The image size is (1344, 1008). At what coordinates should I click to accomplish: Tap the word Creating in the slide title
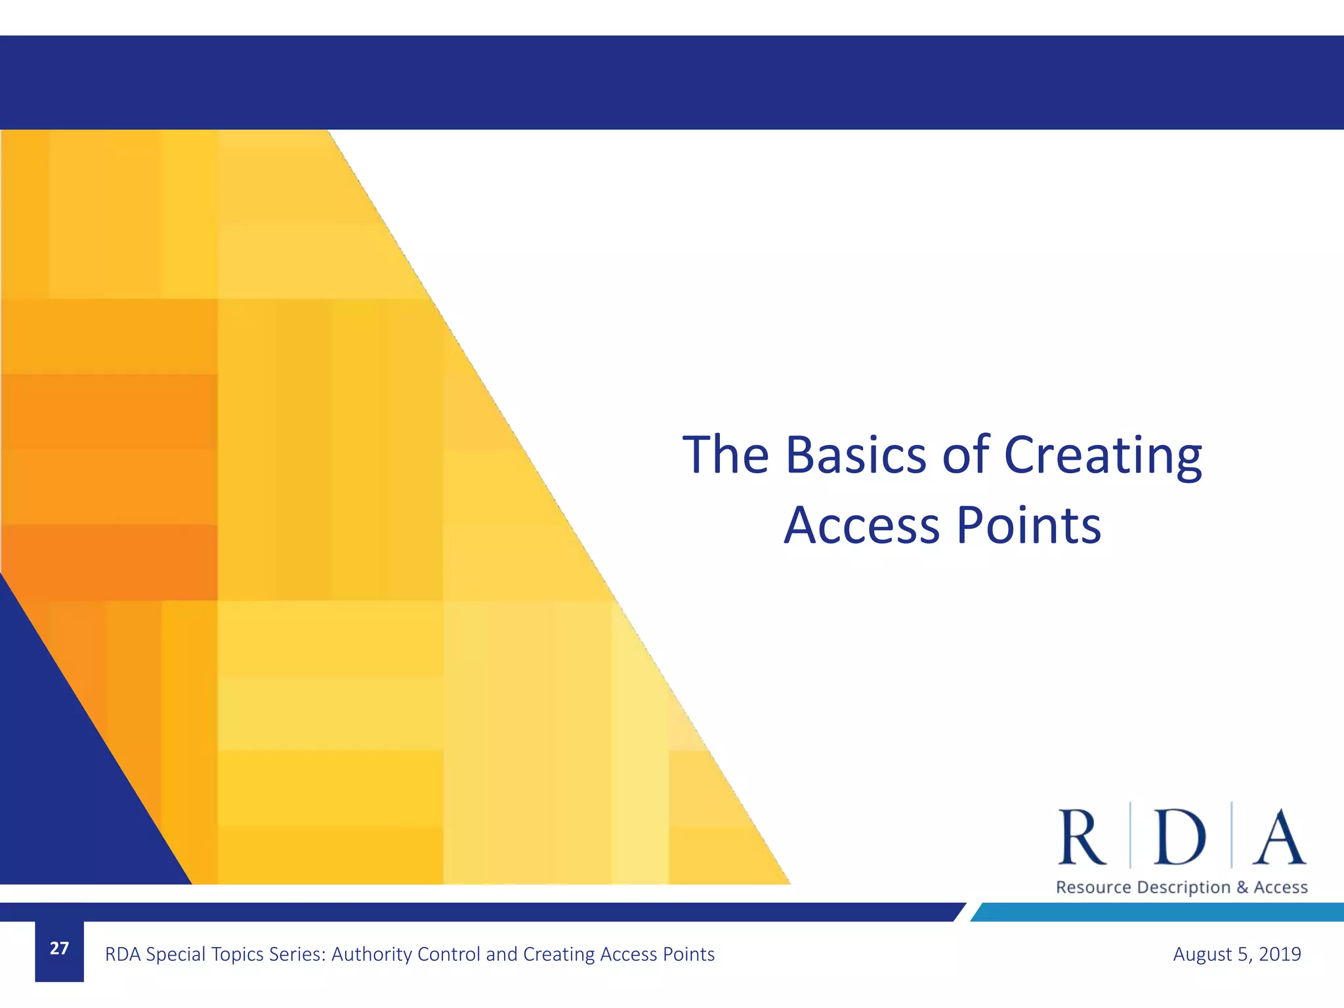(x=1102, y=455)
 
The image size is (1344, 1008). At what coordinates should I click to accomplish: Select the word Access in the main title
(x=862, y=526)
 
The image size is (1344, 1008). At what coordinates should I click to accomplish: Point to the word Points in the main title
(x=1028, y=526)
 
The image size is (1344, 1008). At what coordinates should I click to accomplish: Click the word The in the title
(x=725, y=454)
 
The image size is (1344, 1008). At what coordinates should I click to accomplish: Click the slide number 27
(x=59, y=949)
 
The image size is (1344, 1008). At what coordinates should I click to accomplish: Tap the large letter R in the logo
(x=1082, y=837)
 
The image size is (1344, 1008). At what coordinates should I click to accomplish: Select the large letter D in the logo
(x=1179, y=837)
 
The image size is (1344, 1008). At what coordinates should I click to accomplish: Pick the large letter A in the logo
(x=1278, y=837)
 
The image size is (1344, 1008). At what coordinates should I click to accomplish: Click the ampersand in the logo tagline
(x=1242, y=887)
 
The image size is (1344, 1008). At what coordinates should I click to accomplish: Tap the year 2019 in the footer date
(x=1280, y=954)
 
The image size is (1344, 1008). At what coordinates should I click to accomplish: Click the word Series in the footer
(x=295, y=954)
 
